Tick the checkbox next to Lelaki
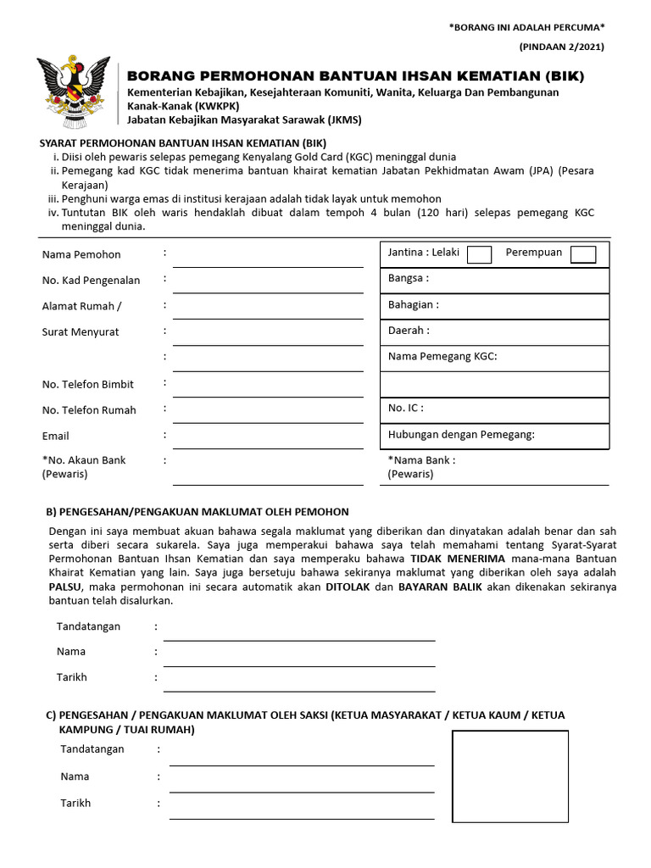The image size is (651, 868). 479,254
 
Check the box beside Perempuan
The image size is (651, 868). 583,254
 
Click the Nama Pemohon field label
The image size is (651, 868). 81,254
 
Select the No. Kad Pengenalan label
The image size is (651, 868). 91,281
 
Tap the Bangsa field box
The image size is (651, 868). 494,279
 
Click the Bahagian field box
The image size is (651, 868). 494,305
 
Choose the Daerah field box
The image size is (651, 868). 494,331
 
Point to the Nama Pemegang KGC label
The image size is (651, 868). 442,357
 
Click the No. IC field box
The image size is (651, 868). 494,409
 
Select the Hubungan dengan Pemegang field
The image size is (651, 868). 494,436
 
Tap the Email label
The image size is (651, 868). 55,436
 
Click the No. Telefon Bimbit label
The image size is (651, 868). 87,384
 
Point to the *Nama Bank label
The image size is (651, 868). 421,460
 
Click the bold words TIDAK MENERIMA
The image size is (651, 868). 458,559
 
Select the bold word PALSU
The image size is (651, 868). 66,587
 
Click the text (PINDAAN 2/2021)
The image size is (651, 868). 562,47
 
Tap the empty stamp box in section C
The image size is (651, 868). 509,776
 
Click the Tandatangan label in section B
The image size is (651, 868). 88,626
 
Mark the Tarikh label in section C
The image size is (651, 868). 75,803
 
